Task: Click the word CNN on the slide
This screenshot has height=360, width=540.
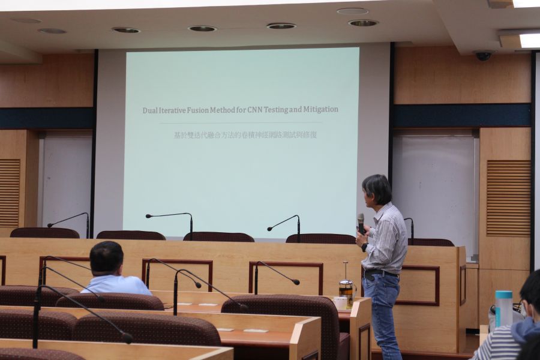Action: (255, 110)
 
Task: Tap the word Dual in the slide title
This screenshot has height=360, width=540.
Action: (149, 110)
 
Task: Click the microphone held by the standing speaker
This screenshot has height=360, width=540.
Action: (361, 223)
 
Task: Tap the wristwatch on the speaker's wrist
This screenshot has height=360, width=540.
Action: (364, 247)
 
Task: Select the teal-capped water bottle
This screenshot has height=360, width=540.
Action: (503, 309)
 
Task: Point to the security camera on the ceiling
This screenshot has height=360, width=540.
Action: (483, 55)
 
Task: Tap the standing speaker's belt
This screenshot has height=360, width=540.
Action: (380, 273)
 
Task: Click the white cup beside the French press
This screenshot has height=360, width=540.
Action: (340, 303)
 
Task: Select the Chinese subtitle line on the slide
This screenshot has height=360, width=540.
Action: (245, 134)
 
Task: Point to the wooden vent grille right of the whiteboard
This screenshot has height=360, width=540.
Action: (509, 198)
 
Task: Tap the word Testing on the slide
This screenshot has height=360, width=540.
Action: (275, 110)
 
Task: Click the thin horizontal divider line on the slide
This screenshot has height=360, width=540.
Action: (241, 122)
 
